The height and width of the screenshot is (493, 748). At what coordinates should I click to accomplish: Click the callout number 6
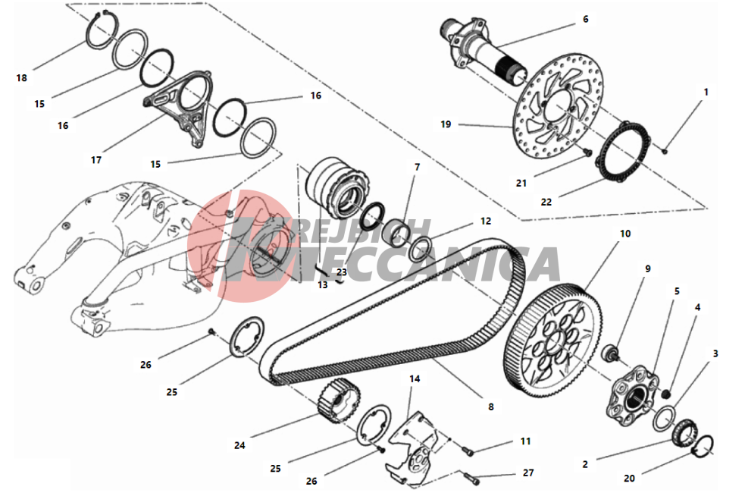(x=585, y=20)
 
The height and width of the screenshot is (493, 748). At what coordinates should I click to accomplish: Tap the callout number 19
(x=445, y=124)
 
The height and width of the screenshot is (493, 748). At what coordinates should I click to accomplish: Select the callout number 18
(x=21, y=78)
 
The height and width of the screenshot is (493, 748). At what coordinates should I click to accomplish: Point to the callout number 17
(x=96, y=160)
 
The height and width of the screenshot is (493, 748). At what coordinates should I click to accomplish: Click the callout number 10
(x=624, y=234)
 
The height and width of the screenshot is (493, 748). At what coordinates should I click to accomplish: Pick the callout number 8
(x=490, y=407)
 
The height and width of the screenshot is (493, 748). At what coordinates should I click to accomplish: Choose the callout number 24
(x=239, y=445)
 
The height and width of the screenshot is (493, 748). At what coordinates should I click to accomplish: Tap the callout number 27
(x=528, y=473)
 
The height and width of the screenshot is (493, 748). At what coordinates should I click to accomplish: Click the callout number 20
(x=629, y=478)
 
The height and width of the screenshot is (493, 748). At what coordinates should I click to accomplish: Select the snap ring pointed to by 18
(x=101, y=33)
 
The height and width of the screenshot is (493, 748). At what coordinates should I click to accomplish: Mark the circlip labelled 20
(x=703, y=447)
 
